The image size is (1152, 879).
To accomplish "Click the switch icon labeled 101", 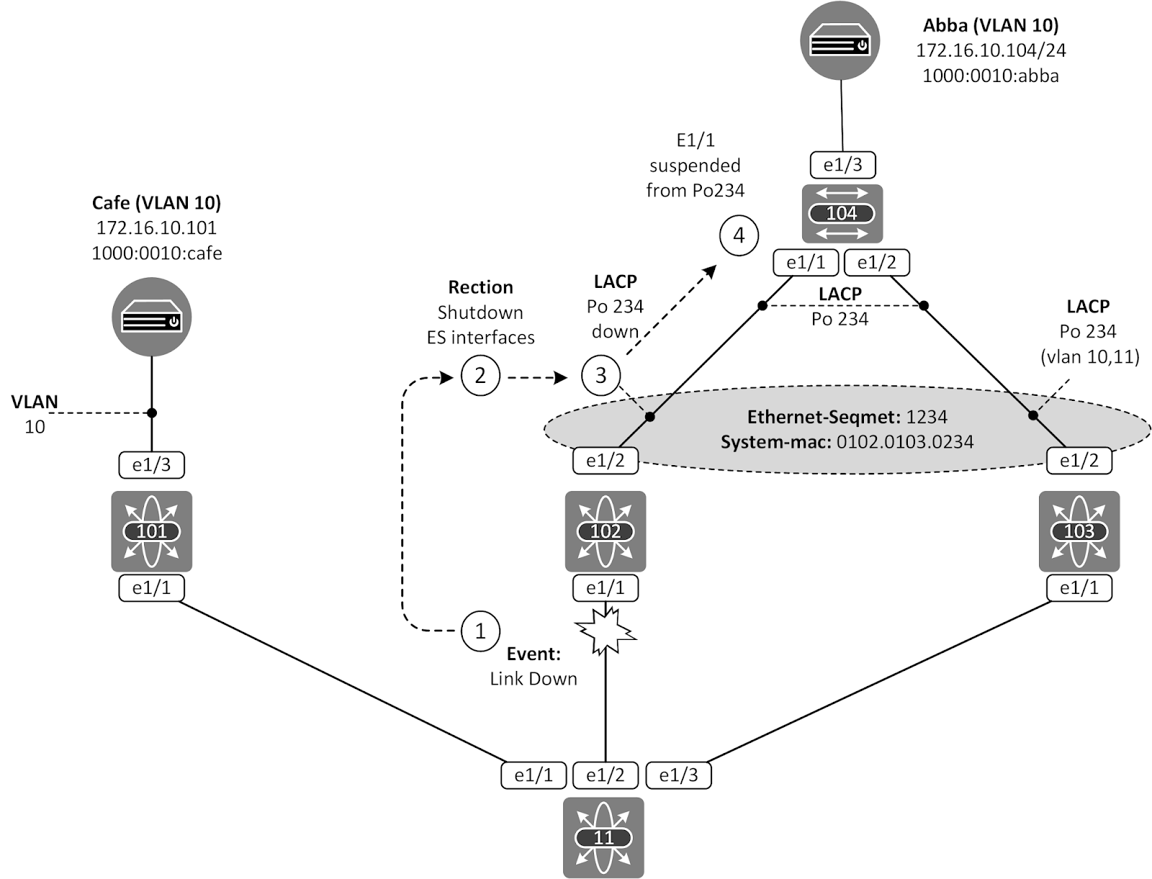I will click(151, 531).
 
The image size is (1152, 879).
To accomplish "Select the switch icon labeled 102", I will click(605, 531).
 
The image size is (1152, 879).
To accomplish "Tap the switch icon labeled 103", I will click(1079, 531).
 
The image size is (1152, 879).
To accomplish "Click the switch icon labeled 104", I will click(841, 214).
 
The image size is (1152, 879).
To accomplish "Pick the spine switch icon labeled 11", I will click(603, 837).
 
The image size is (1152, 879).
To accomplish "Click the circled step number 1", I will click(480, 631).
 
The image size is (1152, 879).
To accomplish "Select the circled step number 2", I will click(480, 375).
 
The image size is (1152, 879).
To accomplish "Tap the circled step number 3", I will click(600, 375).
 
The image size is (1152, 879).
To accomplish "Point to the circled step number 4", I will click(739, 235).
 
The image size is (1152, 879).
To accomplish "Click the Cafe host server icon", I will click(151, 317).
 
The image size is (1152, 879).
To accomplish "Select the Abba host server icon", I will click(840, 41).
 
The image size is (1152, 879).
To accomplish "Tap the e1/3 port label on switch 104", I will click(842, 165).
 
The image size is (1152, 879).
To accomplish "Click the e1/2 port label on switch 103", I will click(1079, 461).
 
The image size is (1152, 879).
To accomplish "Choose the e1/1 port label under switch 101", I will click(151, 588).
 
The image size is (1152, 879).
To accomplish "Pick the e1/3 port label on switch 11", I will click(678, 775).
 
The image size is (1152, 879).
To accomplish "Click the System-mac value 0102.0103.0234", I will click(904, 442).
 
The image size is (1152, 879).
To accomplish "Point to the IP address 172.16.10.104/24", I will click(991, 50).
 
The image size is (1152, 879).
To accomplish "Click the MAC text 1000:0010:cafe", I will click(157, 253).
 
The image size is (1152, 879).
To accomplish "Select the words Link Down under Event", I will click(534, 679).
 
